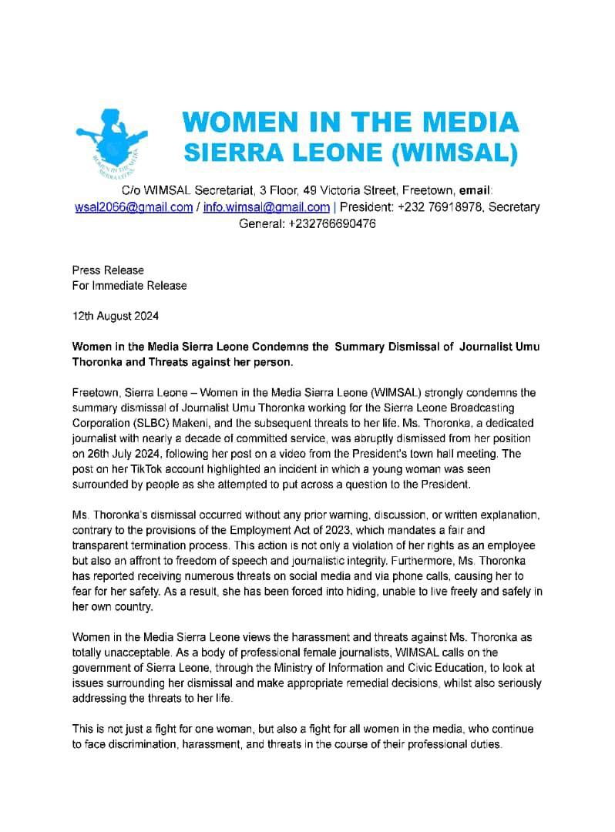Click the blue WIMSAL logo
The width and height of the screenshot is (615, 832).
pos(112,144)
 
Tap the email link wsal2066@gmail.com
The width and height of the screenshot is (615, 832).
pos(133,206)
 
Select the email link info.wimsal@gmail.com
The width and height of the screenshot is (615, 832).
pos(267,206)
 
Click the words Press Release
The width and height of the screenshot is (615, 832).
pos(108,270)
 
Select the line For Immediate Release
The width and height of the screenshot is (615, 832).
pos(129,285)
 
